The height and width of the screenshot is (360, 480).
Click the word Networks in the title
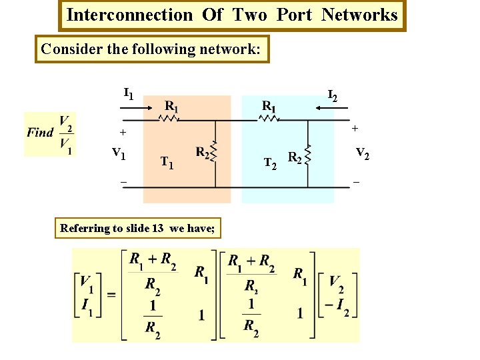tap(359, 15)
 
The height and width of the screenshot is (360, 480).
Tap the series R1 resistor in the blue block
tap(269, 119)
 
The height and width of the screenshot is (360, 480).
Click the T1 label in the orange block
tap(167, 162)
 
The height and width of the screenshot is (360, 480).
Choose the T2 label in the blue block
tap(270, 162)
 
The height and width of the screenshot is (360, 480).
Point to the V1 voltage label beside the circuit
tap(119, 154)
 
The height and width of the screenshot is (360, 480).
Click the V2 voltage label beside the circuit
tap(363, 153)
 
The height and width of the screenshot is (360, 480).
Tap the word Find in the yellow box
tap(40, 132)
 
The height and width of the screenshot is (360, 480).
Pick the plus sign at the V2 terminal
tap(355, 127)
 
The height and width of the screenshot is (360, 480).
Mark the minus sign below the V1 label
tap(123, 181)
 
